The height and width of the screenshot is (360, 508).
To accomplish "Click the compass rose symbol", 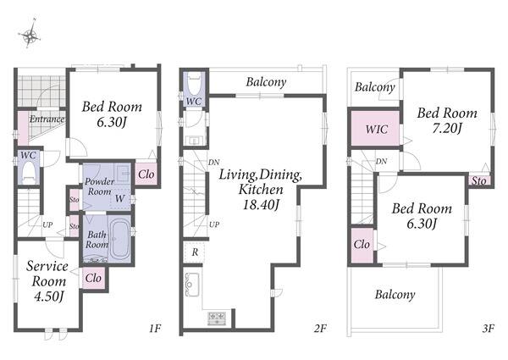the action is click(30, 34).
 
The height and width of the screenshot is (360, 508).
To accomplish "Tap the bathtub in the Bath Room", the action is click(119, 239).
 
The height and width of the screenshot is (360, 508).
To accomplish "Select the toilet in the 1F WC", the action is click(29, 173).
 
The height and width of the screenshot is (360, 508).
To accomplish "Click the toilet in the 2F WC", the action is click(195, 85).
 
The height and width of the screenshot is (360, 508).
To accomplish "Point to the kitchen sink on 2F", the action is click(192, 285).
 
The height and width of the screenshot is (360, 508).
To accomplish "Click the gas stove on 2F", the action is click(217, 318).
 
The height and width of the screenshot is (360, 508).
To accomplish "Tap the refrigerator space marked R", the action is click(195, 252).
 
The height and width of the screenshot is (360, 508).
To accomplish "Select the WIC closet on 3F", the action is click(375, 129).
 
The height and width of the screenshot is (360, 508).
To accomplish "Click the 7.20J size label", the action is click(447, 129).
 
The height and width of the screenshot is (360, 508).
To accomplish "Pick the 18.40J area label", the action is click(261, 205).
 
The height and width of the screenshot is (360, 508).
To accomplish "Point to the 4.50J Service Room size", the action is click(48, 296).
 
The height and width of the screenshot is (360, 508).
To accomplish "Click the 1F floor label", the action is click(155, 329).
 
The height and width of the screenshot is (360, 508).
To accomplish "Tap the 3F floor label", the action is click(488, 329).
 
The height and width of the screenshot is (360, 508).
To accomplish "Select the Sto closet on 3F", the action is click(479, 180).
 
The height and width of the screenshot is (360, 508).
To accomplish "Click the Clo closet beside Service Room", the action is click(93, 278).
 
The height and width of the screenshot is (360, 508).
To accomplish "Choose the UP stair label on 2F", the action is click(214, 224).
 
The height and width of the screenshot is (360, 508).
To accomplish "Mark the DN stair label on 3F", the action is click(381, 161).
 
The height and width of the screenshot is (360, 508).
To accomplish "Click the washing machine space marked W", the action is click(120, 198).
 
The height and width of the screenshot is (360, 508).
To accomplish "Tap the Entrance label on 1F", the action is click(47, 119).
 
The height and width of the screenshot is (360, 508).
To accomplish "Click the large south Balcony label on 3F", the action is click(395, 295).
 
